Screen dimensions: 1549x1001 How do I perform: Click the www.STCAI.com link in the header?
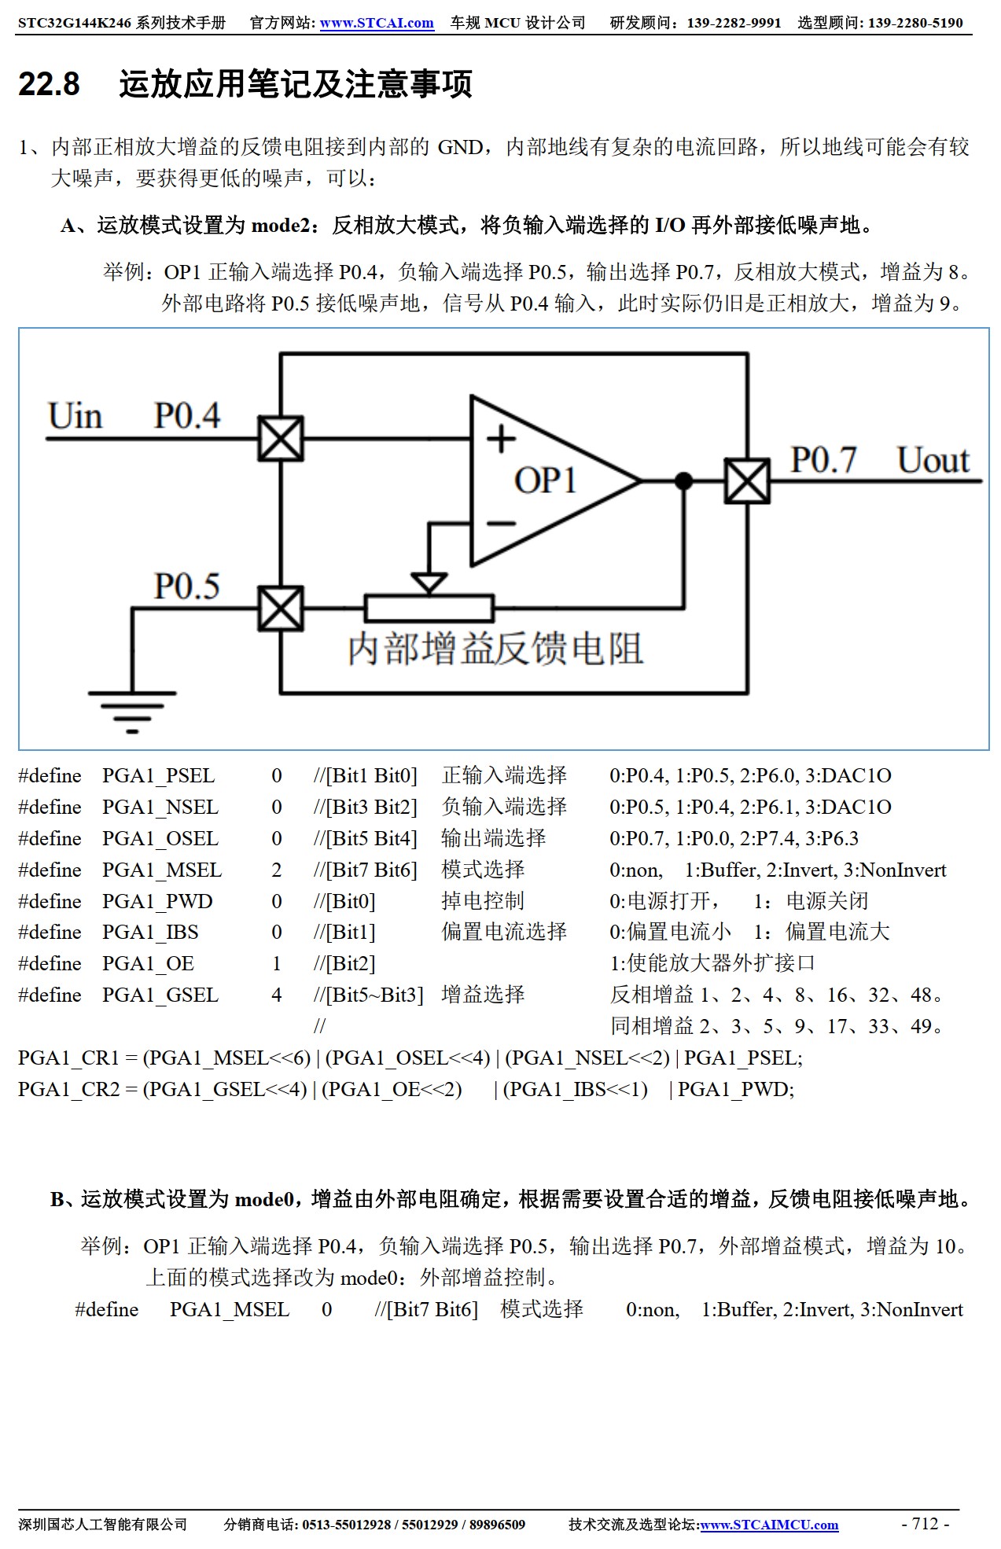[x=376, y=23]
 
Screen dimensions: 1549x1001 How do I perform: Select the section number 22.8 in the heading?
[x=49, y=84]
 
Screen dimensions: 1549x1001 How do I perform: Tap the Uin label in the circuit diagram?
[x=75, y=416]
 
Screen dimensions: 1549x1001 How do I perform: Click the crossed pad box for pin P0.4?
[x=281, y=439]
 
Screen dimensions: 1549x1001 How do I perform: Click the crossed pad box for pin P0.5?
[x=281, y=608]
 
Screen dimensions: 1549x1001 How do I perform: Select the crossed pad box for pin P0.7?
[x=746, y=480]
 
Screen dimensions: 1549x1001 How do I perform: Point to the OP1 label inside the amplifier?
[x=545, y=480]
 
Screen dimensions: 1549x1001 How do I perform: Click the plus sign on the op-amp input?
[x=501, y=439]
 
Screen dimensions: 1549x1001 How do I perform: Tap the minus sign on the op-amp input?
[x=501, y=523]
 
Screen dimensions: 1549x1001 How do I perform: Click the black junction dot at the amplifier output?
[x=684, y=480]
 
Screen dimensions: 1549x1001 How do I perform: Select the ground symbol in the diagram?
[x=131, y=711]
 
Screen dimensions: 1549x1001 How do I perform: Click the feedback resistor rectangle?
[x=429, y=608]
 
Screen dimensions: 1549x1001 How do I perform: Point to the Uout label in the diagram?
[x=933, y=461]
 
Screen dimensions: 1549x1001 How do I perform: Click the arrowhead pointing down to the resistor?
[x=429, y=583]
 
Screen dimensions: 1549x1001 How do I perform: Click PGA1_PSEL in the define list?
[x=158, y=776]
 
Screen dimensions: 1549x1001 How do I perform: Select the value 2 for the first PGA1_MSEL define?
[x=277, y=870]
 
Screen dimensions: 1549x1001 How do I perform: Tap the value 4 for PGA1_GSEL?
[x=277, y=995]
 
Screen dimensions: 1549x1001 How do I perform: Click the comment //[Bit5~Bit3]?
[x=368, y=995]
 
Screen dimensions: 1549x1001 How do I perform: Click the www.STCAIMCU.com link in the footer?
[x=769, y=1525]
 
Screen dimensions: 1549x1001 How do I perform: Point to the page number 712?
[x=925, y=1523]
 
